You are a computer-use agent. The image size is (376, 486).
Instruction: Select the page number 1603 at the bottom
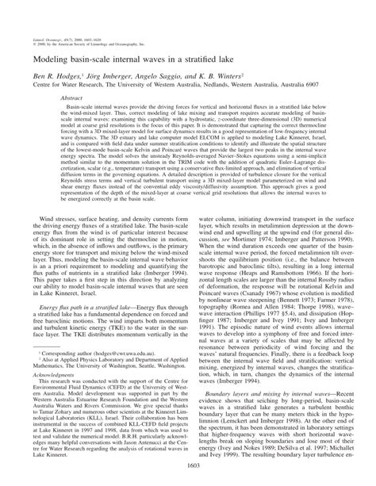point(187,478)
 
